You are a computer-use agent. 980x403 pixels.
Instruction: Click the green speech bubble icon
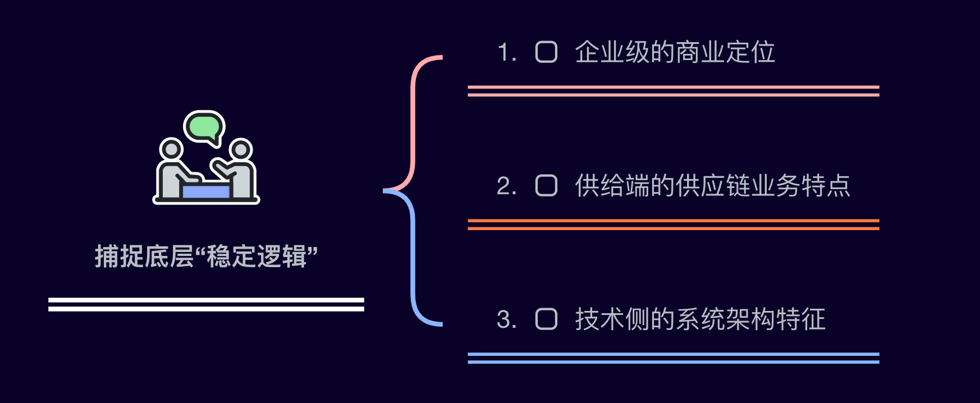[x=204, y=126]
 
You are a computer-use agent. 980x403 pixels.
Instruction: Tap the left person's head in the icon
[x=171, y=149]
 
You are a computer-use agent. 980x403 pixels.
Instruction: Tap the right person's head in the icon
[x=241, y=149]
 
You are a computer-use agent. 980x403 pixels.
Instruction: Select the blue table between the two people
[x=206, y=192]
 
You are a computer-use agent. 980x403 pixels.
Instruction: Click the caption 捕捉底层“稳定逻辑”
[x=206, y=257]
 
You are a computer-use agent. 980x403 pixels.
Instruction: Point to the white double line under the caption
[x=206, y=304]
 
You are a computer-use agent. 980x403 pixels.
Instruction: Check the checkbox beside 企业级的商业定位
[x=546, y=52]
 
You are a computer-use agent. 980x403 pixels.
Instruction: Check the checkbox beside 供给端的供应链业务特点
[x=546, y=186]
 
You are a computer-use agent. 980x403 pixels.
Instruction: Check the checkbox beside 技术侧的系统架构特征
[x=546, y=319]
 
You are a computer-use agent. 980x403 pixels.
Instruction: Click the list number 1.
[x=506, y=52]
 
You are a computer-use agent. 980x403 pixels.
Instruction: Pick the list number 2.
[x=506, y=186]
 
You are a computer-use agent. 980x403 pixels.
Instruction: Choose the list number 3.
[x=506, y=319]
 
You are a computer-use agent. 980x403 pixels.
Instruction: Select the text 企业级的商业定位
[x=675, y=52]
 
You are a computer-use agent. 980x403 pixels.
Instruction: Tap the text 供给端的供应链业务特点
[x=712, y=186]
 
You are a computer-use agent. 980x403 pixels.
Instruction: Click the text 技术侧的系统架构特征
[x=700, y=319]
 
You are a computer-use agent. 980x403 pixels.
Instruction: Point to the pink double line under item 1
[x=673, y=91]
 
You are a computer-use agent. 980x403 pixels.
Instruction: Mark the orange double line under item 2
[x=673, y=225]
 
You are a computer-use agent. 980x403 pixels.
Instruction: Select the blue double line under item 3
[x=673, y=358]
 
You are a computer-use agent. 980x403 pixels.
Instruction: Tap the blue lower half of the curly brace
[x=414, y=264]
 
